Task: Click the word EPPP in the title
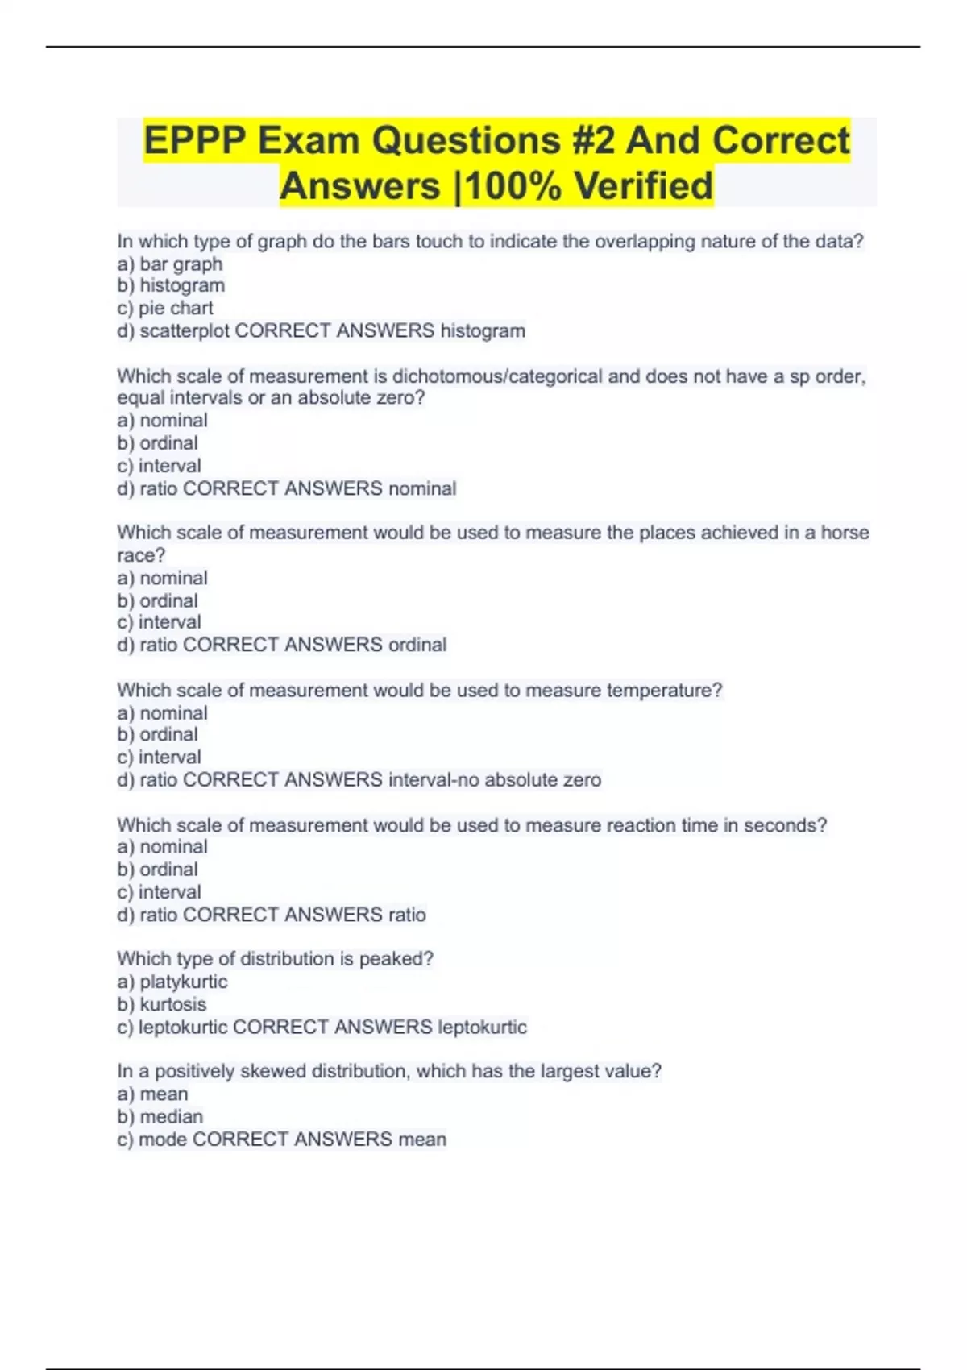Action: [x=194, y=140]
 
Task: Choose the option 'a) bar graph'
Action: [x=170, y=264]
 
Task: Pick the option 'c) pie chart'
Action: [x=165, y=308]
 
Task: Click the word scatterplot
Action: [x=185, y=330]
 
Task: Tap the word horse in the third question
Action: [x=845, y=533]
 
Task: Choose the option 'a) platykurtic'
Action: [x=172, y=982]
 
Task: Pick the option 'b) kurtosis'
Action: [x=162, y=1004]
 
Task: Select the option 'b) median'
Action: [x=160, y=1116]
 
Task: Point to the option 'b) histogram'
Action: [x=171, y=285]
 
